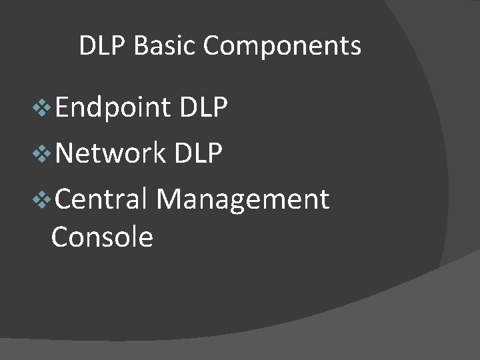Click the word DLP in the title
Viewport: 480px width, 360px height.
(x=103, y=46)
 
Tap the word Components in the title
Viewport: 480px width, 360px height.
(x=282, y=47)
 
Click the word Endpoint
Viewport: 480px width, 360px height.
(x=113, y=107)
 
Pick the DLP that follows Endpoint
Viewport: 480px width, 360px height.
(x=204, y=107)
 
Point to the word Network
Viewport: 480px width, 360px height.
(x=111, y=153)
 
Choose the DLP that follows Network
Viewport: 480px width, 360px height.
(x=198, y=153)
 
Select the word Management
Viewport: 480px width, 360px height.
(x=243, y=199)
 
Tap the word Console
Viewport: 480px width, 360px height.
(x=102, y=237)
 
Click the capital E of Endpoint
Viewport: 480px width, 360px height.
(x=62, y=107)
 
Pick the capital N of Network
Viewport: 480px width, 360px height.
(x=65, y=153)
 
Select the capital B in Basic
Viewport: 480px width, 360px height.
(x=140, y=46)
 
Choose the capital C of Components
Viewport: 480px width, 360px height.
(x=211, y=46)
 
